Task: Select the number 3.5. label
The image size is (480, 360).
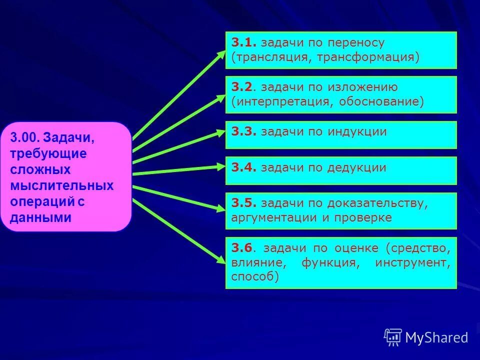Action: tap(243, 203)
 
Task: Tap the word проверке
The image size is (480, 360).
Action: tap(362, 217)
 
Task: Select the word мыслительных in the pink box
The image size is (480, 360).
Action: tap(62, 186)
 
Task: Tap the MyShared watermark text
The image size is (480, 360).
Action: tap(436, 338)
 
